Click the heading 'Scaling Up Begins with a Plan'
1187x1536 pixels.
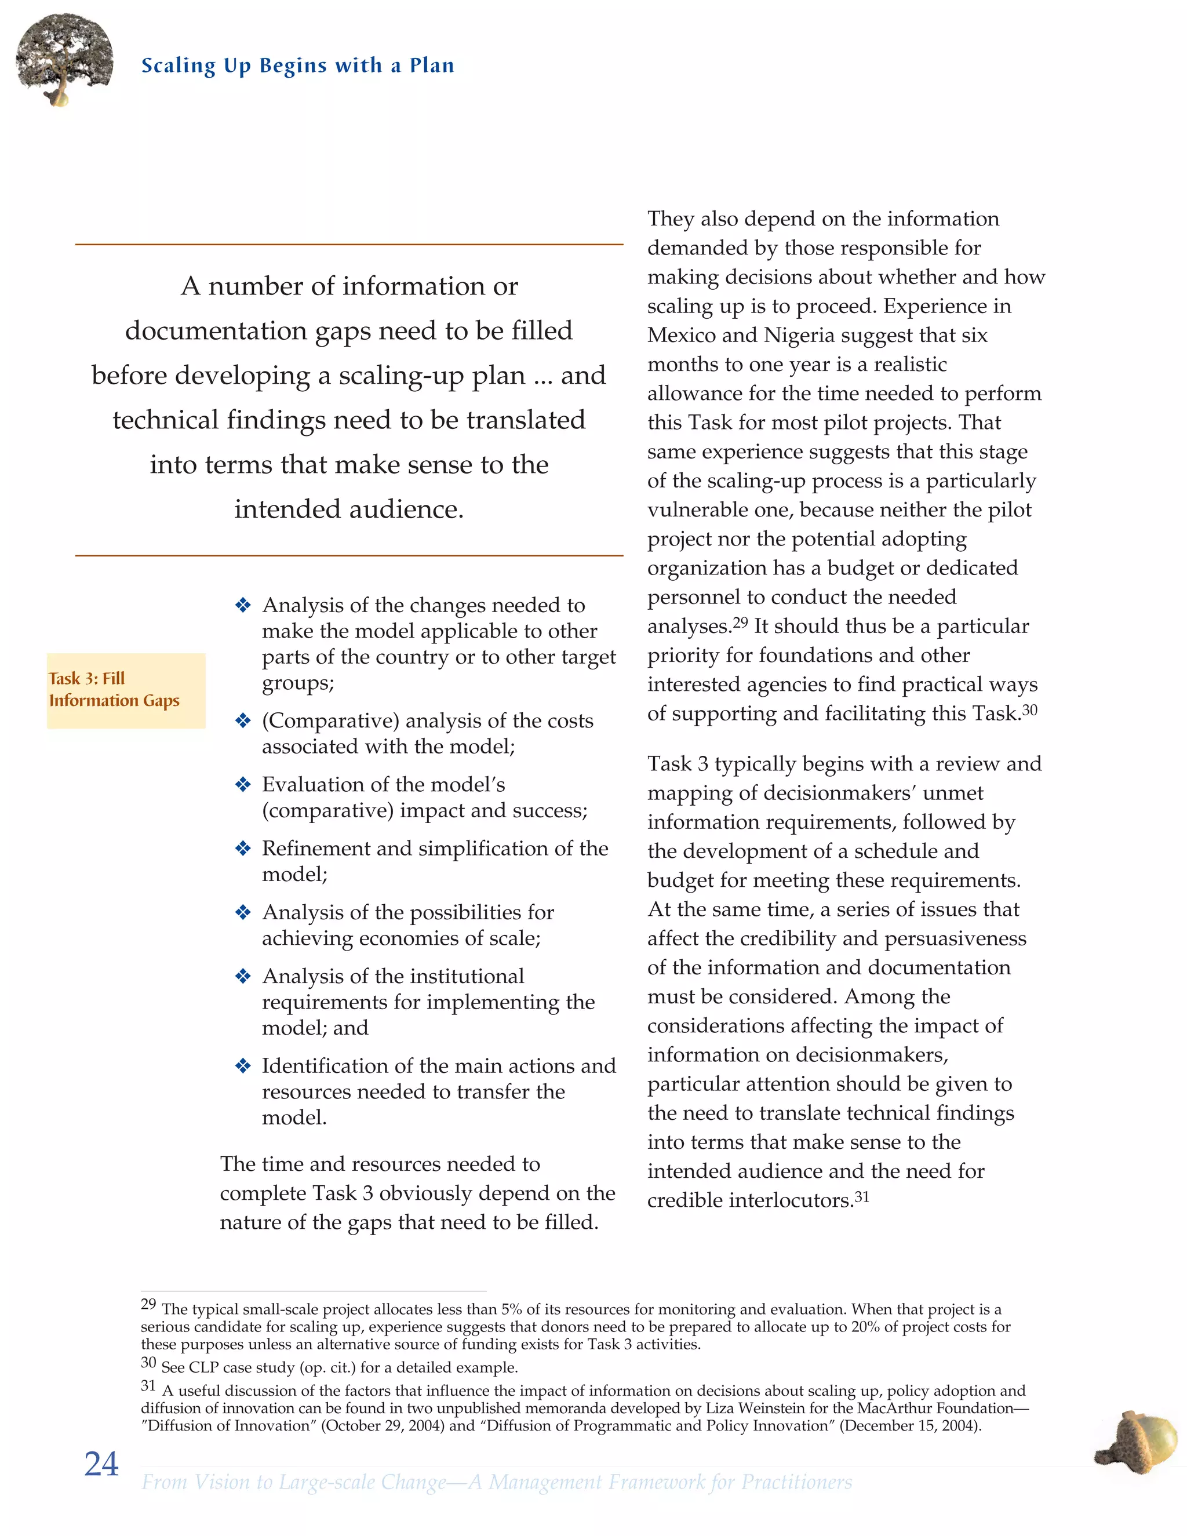click(x=297, y=65)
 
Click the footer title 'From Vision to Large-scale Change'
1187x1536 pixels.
click(x=294, y=1482)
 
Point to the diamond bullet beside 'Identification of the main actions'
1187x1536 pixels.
click(x=243, y=1065)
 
